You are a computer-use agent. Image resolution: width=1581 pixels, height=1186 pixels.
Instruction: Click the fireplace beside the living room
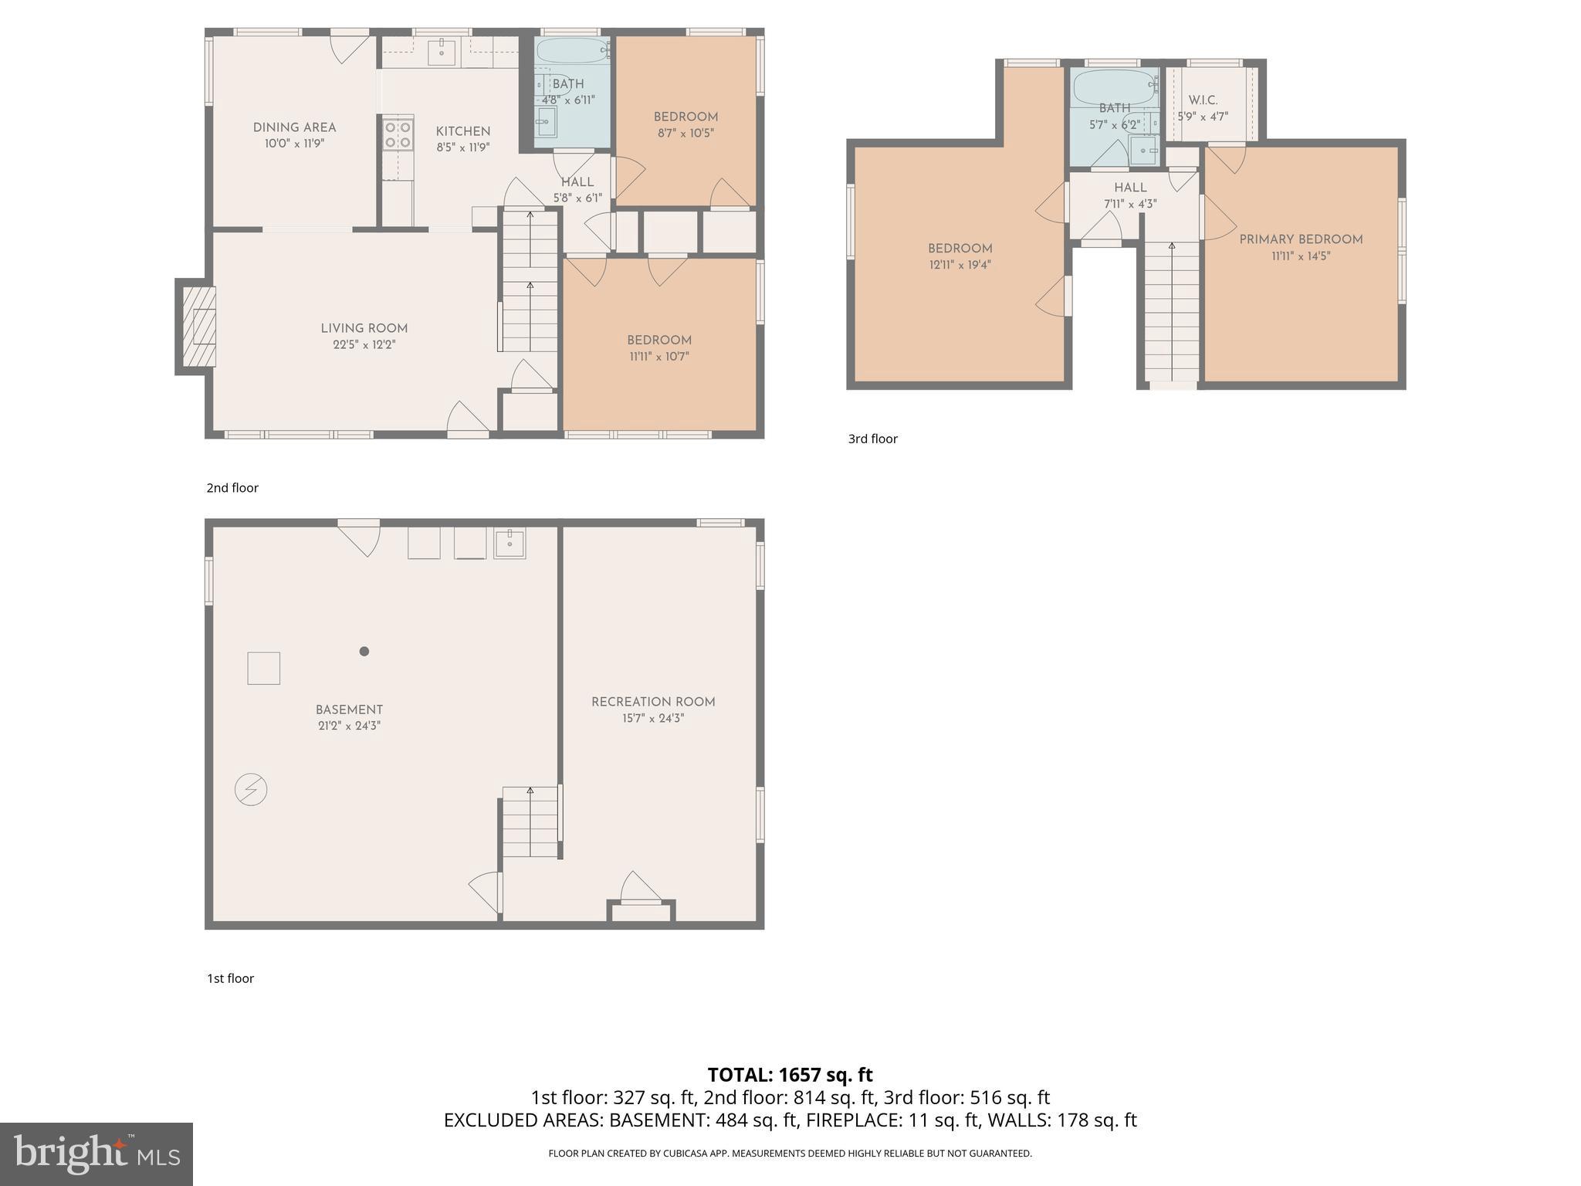click(x=198, y=327)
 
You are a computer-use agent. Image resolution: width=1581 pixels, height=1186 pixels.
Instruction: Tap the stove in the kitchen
click(x=398, y=134)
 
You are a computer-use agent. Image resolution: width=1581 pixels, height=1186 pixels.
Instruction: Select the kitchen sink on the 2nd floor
click(x=441, y=52)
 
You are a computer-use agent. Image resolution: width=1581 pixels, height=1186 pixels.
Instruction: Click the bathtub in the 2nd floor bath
click(x=572, y=51)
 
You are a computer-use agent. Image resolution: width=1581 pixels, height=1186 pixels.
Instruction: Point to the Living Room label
click(x=364, y=328)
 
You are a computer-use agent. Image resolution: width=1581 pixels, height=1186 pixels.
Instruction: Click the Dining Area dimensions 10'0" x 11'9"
click(x=294, y=144)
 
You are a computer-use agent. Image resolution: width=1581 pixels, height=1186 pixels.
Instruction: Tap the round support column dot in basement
click(x=364, y=651)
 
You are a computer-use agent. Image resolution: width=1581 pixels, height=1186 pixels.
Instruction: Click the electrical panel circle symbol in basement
click(x=251, y=790)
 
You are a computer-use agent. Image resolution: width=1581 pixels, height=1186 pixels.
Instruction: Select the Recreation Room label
click(x=653, y=702)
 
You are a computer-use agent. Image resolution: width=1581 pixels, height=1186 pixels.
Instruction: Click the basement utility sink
click(x=510, y=543)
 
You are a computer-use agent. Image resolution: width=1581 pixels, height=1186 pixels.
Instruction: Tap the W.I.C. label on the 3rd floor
click(x=1203, y=100)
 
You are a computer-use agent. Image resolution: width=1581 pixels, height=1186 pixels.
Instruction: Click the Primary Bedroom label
click(x=1301, y=239)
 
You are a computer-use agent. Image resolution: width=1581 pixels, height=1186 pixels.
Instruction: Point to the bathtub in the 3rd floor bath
click(x=1112, y=86)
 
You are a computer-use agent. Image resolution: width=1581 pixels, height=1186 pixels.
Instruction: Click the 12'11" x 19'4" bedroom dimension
click(x=960, y=265)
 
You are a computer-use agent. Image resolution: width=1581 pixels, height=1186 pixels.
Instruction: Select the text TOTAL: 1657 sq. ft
click(x=790, y=1075)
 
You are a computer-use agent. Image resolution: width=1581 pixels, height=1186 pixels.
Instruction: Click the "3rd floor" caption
click(x=872, y=439)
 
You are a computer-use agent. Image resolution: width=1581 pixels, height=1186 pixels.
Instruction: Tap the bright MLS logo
click(x=96, y=1154)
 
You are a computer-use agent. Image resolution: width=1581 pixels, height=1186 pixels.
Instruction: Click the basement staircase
click(x=530, y=822)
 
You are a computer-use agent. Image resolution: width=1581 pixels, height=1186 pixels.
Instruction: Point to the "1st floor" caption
click(x=230, y=978)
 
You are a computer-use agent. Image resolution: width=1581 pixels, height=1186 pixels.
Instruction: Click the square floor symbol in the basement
click(x=263, y=668)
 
